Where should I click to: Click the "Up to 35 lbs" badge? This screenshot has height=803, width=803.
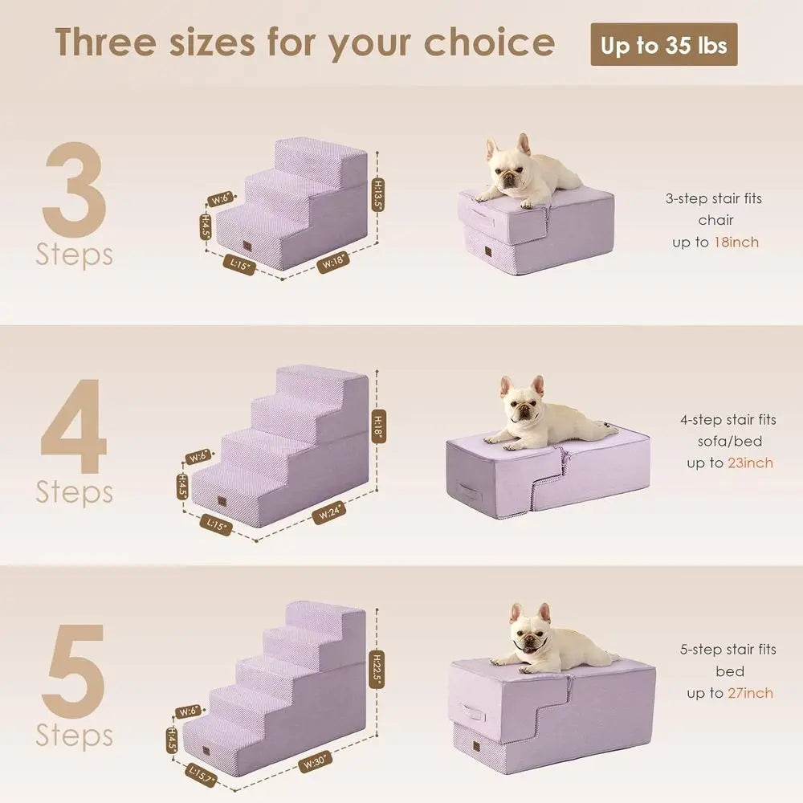(x=663, y=45)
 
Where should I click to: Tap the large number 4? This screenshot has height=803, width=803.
(x=74, y=427)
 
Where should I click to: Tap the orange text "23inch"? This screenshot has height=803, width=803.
(x=750, y=463)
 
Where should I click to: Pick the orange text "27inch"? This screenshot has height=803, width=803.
(x=750, y=693)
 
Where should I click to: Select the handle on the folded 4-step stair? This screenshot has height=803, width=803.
(x=467, y=489)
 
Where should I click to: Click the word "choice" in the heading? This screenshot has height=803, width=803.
(x=489, y=43)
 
